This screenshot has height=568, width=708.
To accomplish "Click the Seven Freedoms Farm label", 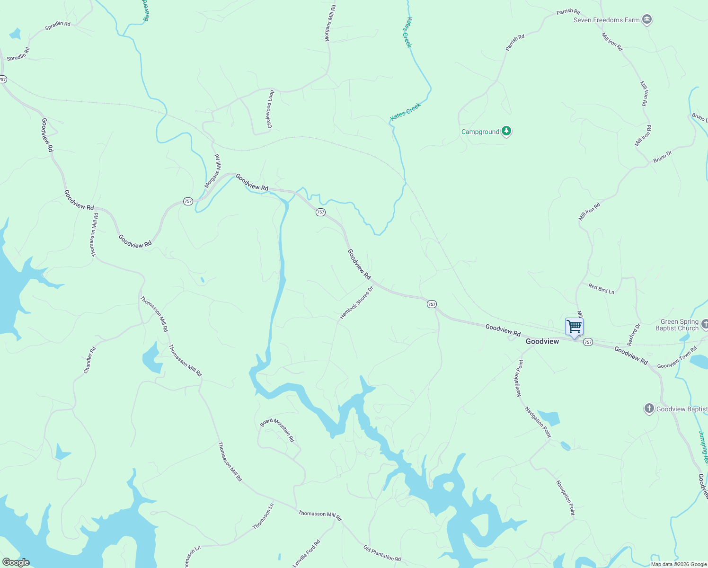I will click(x=606, y=20).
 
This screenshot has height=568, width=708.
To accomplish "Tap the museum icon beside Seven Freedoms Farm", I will click(x=647, y=20).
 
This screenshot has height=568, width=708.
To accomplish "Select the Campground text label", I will click(x=480, y=132).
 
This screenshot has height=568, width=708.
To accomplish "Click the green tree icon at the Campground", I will click(x=506, y=131).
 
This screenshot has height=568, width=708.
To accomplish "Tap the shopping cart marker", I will click(x=574, y=327).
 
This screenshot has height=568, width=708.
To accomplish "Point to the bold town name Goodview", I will click(x=542, y=341).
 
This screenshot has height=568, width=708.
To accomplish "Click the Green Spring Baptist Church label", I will click(x=677, y=325).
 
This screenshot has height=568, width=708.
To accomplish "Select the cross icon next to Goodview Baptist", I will click(x=649, y=408).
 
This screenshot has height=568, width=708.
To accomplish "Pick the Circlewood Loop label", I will click(x=270, y=109).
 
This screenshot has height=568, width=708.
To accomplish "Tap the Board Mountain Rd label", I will click(x=277, y=430).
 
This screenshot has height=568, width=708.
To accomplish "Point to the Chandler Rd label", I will click(x=89, y=360).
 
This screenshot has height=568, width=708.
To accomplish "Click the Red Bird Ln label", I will click(x=601, y=288).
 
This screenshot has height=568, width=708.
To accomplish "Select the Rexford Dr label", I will click(x=634, y=334).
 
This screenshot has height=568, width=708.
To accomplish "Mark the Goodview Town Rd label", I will click(x=677, y=357).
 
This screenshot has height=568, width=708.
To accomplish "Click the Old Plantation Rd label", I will click(x=382, y=553).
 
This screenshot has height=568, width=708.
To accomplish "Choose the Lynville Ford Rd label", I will click(x=306, y=553).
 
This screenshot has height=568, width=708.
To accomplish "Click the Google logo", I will click(x=16, y=562).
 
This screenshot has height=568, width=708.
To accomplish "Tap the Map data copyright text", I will click(x=679, y=564).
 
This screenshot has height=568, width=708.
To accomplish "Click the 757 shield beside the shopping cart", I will click(x=588, y=342).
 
